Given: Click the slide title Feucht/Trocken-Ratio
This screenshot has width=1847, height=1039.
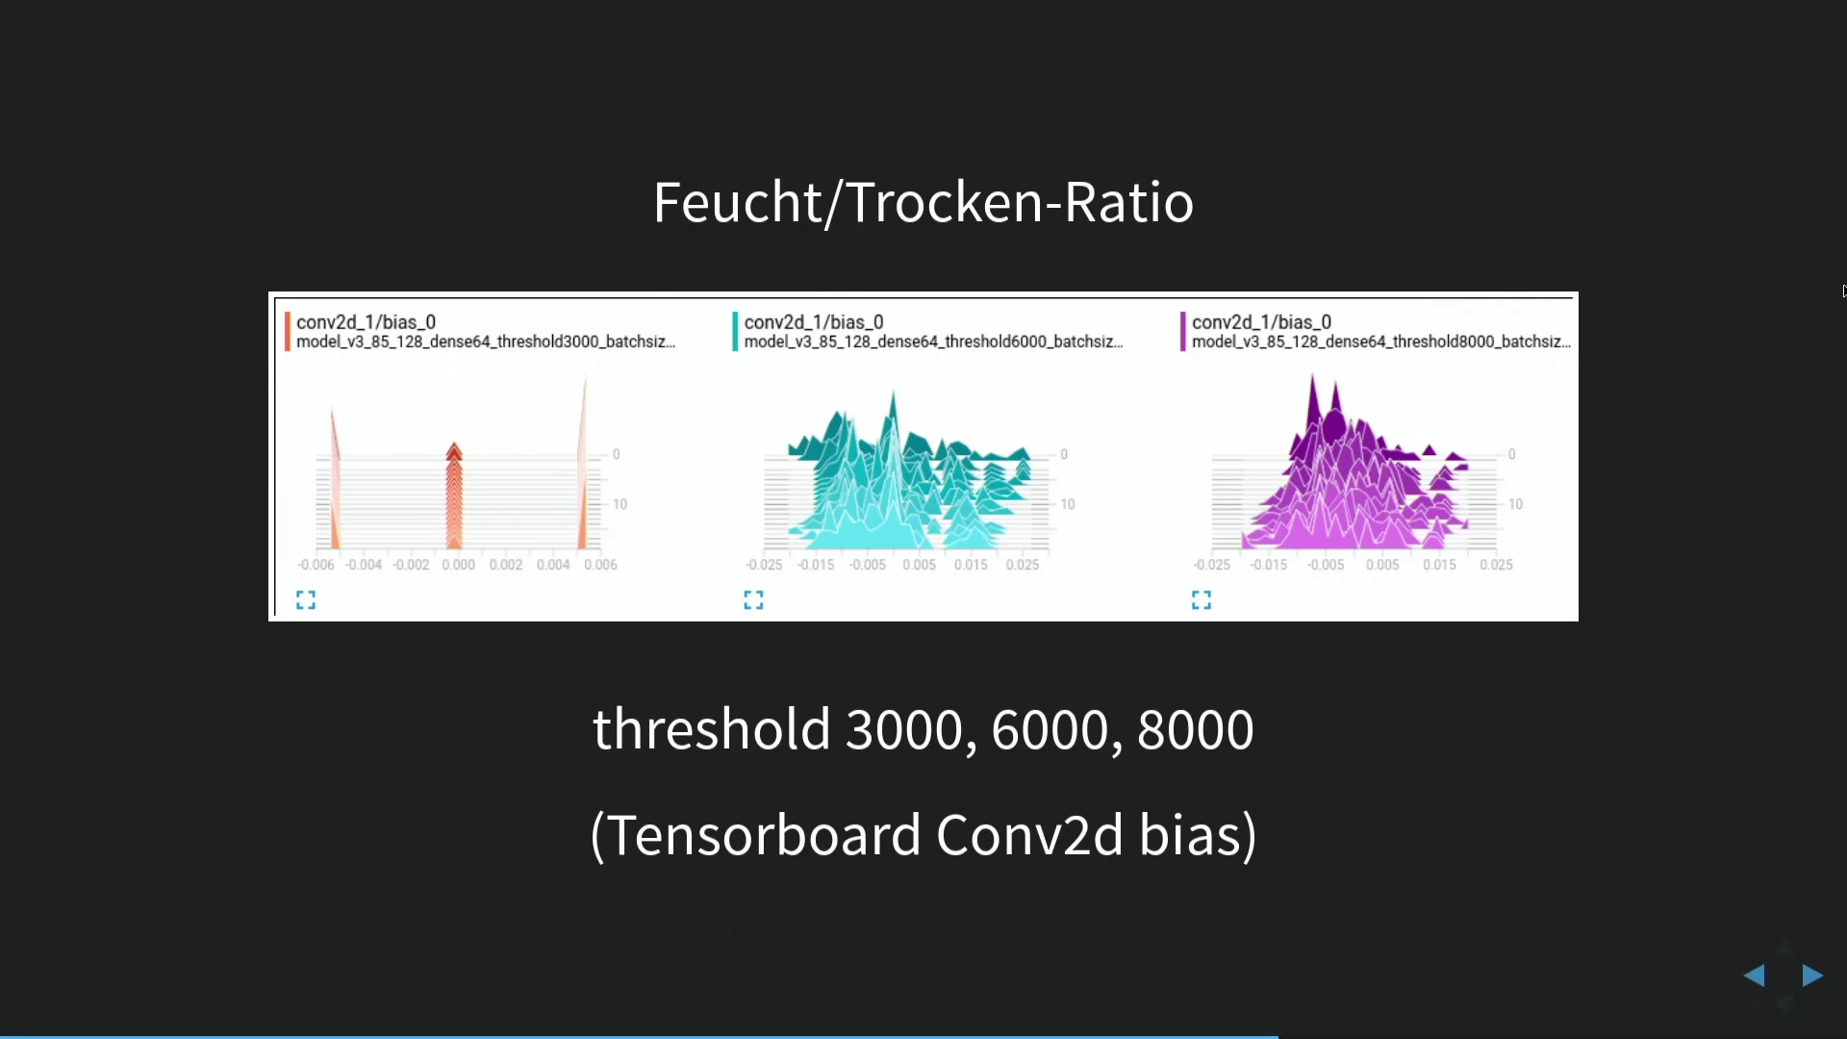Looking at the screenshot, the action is (923, 203).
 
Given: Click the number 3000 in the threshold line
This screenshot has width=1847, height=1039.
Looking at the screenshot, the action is (904, 729).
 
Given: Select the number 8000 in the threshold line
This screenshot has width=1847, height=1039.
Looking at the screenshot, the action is (1196, 729).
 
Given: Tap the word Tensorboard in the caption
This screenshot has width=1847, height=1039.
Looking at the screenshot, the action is (766, 834).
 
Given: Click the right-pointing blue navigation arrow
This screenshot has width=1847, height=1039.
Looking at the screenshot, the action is (1812, 976).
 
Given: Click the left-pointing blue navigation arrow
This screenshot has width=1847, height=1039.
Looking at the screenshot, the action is (1755, 976).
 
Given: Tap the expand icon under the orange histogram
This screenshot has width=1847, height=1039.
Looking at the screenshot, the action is (306, 600).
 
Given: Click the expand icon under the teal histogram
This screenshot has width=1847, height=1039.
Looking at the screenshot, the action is (754, 600).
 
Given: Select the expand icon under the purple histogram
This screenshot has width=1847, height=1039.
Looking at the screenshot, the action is (1202, 600).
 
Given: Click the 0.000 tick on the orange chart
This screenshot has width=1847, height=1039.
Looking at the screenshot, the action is (459, 565).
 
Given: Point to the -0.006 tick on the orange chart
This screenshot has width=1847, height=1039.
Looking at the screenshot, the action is (316, 565).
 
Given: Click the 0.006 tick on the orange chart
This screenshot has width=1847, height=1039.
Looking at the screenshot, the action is (601, 565).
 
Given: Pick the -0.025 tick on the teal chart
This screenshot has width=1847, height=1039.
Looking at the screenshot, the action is (764, 565).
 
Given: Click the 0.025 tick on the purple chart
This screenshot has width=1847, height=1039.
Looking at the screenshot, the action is (1497, 565).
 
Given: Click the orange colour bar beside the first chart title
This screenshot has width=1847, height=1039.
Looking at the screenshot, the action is (288, 332).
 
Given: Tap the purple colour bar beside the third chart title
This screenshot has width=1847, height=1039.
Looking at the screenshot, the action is (1183, 332).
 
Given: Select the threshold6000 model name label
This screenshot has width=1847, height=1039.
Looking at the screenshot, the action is (934, 342).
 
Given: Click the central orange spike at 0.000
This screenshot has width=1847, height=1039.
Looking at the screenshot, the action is (454, 496).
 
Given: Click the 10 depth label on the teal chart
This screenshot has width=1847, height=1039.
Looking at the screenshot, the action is (1068, 504).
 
